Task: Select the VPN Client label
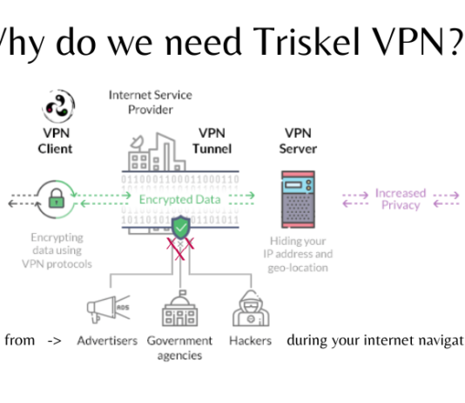tap(55, 141)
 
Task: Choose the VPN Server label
tap(299, 141)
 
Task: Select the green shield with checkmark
tap(179, 229)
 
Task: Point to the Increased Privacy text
tap(401, 199)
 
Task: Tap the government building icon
tap(179, 308)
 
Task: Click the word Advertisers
tap(107, 340)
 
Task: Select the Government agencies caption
tap(179, 347)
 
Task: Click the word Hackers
tap(251, 340)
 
